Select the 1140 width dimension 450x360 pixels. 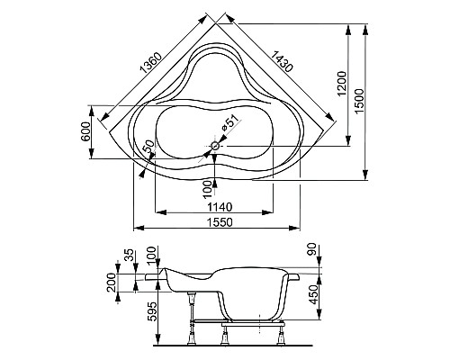[x=215, y=205]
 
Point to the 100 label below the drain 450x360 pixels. [x=208, y=187]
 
